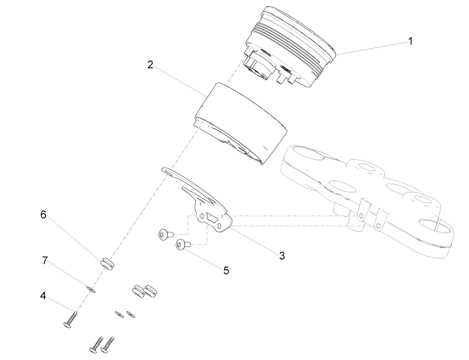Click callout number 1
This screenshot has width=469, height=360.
click(410, 41)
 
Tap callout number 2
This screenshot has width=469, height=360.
click(150, 65)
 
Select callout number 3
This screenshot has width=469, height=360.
click(282, 256)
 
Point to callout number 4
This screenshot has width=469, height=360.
click(43, 296)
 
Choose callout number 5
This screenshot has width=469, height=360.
click(226, 270)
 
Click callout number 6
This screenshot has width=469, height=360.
click(43, 214)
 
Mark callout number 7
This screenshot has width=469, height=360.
click(45, 261)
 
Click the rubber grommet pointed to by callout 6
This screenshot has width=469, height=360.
click(107, 264)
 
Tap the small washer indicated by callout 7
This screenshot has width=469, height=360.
click(91, 290)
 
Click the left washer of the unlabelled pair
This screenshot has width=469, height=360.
click(120, 314)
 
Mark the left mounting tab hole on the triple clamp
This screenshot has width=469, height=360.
click(362, 216)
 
